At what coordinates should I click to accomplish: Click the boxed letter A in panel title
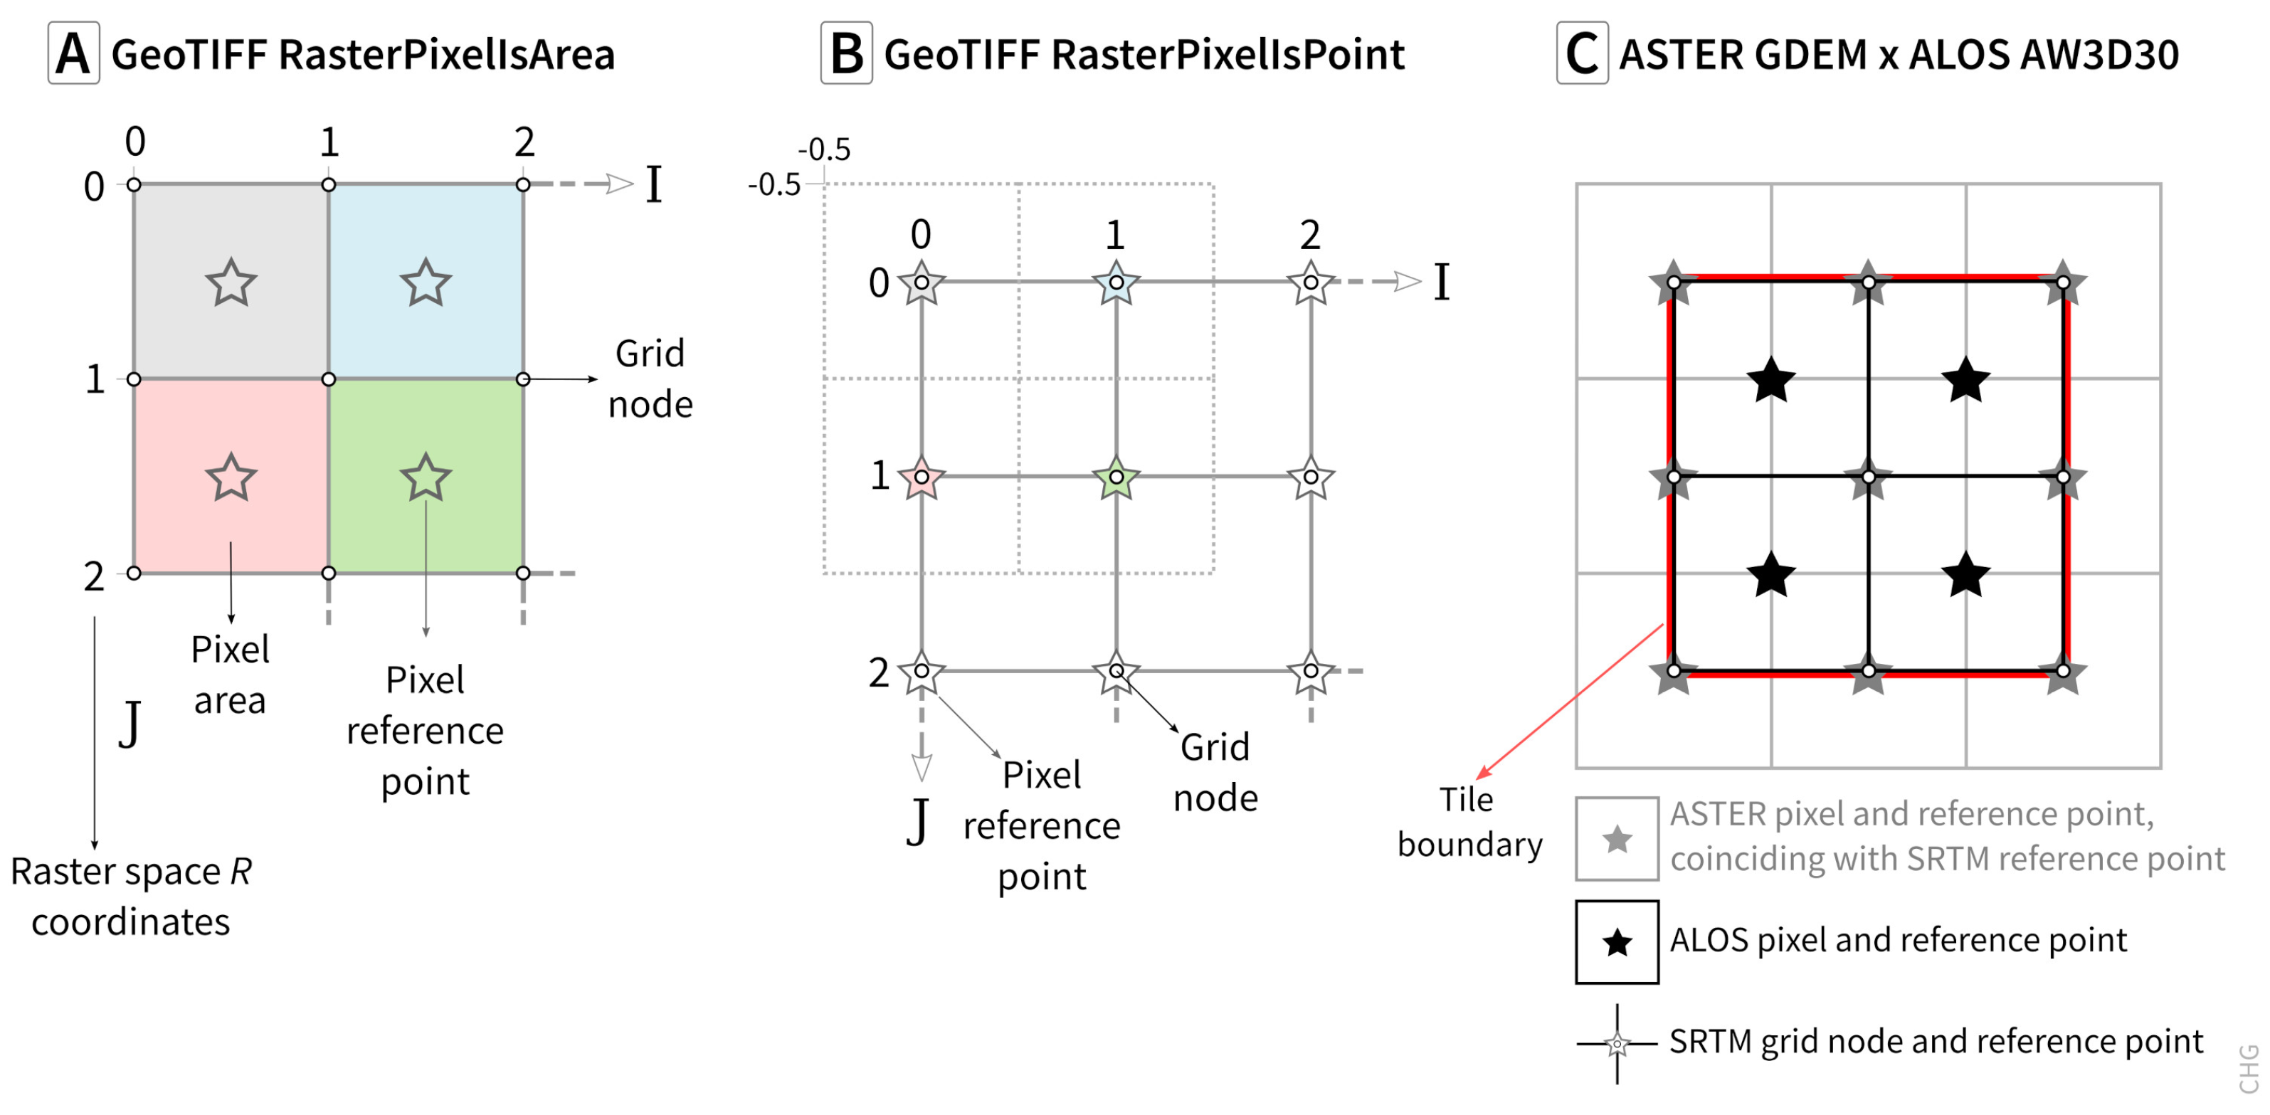(73, 54)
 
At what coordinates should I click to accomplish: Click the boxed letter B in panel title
(846, 54)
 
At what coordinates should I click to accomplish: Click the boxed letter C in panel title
(1582, 54)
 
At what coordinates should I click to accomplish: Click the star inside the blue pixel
(426, 283)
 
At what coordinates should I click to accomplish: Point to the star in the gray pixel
(231, 283)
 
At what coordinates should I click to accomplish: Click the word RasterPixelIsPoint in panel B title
(1228, 55)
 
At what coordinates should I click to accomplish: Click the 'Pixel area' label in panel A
(230, 675)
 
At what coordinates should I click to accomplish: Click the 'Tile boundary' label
(1469, 823)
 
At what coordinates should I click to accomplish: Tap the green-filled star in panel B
(1116, 477)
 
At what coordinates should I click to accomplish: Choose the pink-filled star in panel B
(921, 477)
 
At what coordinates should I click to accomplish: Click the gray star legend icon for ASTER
(1617, 839)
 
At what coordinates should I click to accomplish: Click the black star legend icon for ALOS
(1617, 942)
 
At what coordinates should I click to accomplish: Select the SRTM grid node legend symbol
(1617, 1044)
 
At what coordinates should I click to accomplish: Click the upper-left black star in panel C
(1770, 380)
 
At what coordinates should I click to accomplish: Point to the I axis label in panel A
(653, 185)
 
